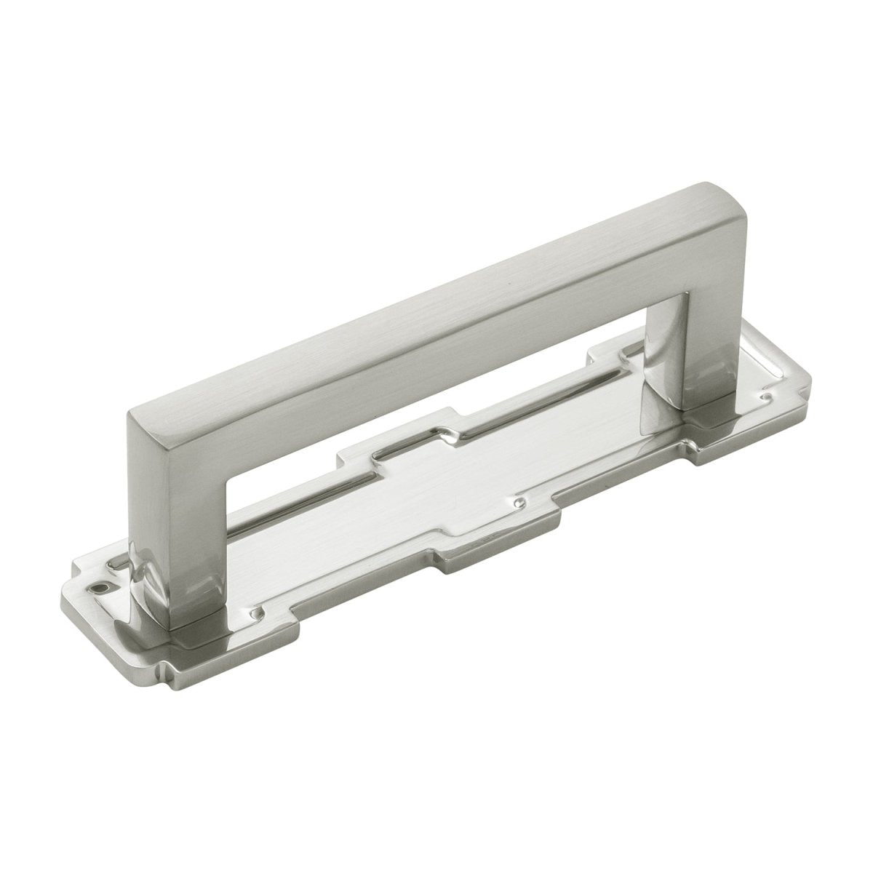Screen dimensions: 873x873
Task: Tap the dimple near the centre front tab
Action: [x=519, y=503]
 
